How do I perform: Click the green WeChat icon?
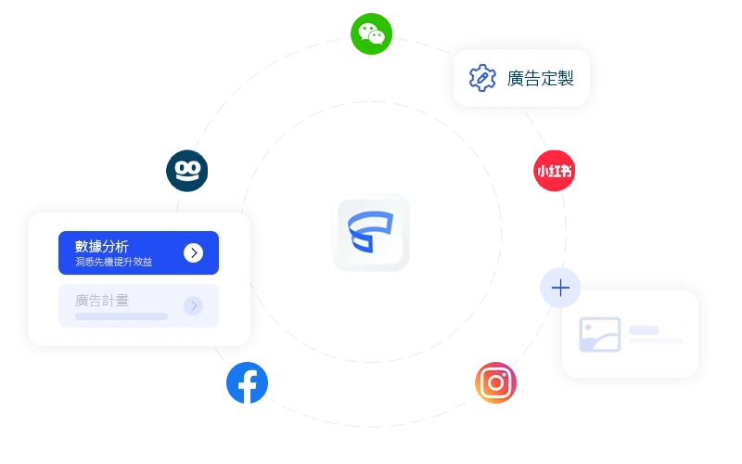pos(372,34)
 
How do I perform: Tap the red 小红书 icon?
pos(554,171)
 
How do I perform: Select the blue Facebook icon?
pos(247,382)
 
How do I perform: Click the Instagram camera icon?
pos(495,382)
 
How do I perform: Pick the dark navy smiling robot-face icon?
pos(187,171)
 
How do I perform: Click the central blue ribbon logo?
pos(370,231)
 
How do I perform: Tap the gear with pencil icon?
pos(482,78)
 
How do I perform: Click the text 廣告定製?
pos(541,79)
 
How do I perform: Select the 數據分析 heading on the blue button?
pos(102,246)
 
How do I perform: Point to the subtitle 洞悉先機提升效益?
pos(113,262)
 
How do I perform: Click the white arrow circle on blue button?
pos(193,252)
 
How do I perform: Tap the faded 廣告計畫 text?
pos(102,301)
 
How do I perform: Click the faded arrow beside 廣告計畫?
pos(193,306)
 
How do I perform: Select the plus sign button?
pos(560,288)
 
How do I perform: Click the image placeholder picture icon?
pos(600,334)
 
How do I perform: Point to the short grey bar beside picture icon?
pos(644,330)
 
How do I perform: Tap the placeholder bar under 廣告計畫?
pos(122,316)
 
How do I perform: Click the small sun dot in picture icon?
pos(588,328)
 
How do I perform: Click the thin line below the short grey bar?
pos(656,341)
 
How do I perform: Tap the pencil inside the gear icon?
pos(482,78)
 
